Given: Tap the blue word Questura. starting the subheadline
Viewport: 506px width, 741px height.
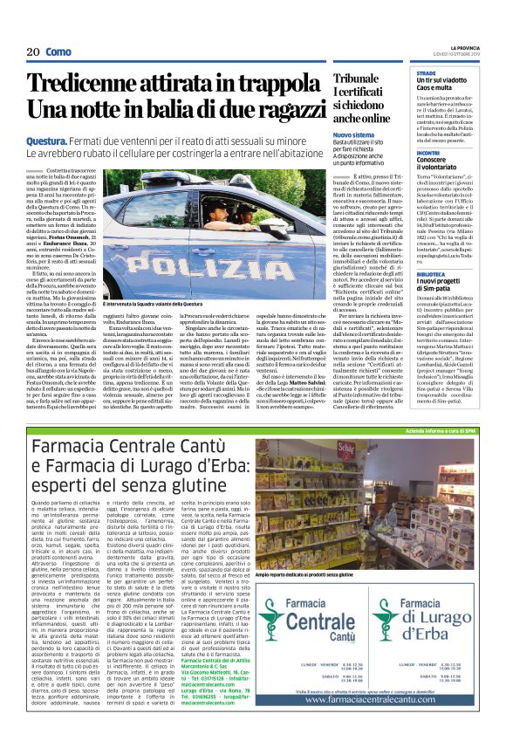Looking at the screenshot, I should pos(51,141).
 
